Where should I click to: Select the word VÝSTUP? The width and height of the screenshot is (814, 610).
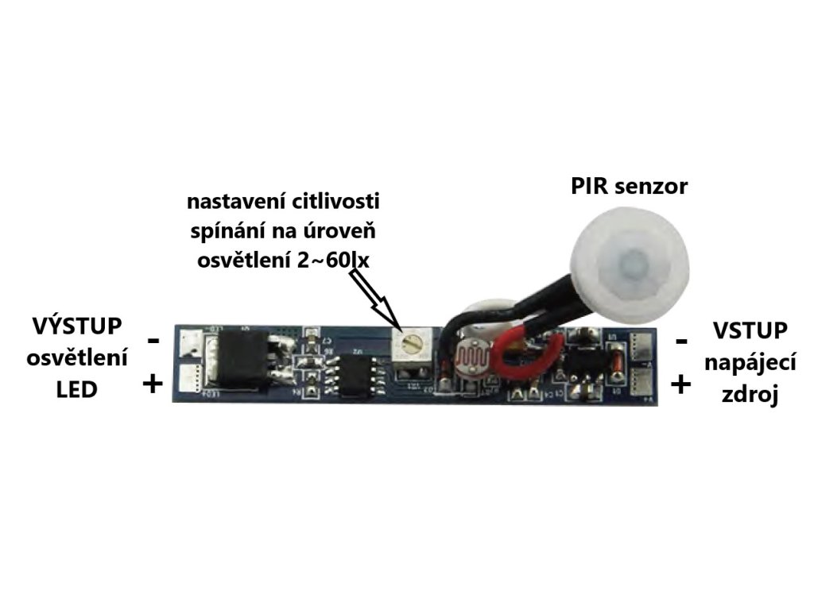(77, 326)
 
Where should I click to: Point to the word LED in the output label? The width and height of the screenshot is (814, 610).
(77, 389)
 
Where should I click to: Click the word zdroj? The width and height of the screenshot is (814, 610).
(750, 395)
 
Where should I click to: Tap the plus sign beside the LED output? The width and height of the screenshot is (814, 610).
(152, 385)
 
